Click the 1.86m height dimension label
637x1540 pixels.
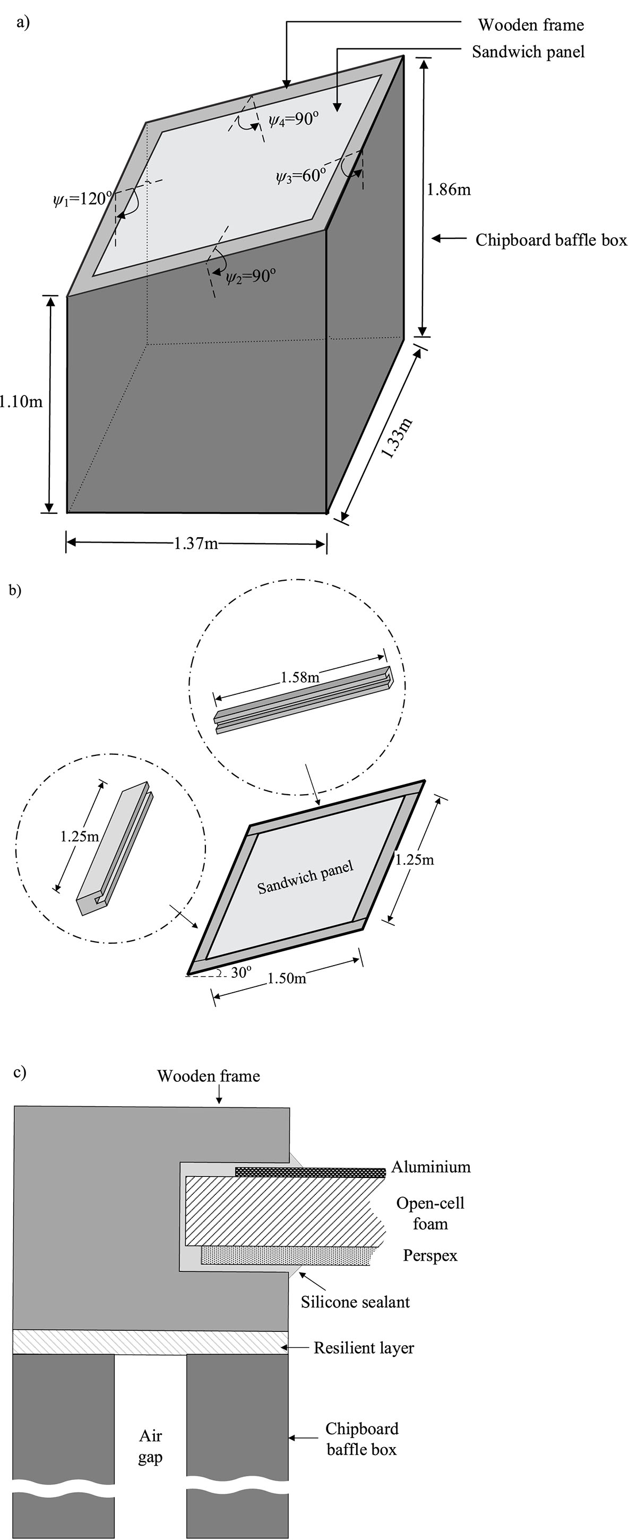click(448, 190)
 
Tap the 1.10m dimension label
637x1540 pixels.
click(21, 401)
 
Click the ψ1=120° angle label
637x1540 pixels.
click(82, 199)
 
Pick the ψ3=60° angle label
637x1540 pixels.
click(301, 176)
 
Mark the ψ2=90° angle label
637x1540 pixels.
click(251, 276)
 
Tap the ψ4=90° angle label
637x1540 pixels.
click(294, 119)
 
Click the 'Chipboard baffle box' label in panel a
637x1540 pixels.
click(551, 240)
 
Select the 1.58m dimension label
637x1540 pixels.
click(300, 677)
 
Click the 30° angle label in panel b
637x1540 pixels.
click(241, 973)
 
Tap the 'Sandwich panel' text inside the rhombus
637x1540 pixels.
click(305, 877)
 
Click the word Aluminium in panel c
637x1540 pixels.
click(431, 1167)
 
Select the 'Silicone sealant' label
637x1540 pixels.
click(355, 1302)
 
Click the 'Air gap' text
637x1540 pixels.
click(151, 1447)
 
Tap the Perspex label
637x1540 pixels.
click(431, 1255)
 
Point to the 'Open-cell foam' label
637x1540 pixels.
click(431, 1213)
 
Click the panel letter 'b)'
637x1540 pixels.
click(15, 590)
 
